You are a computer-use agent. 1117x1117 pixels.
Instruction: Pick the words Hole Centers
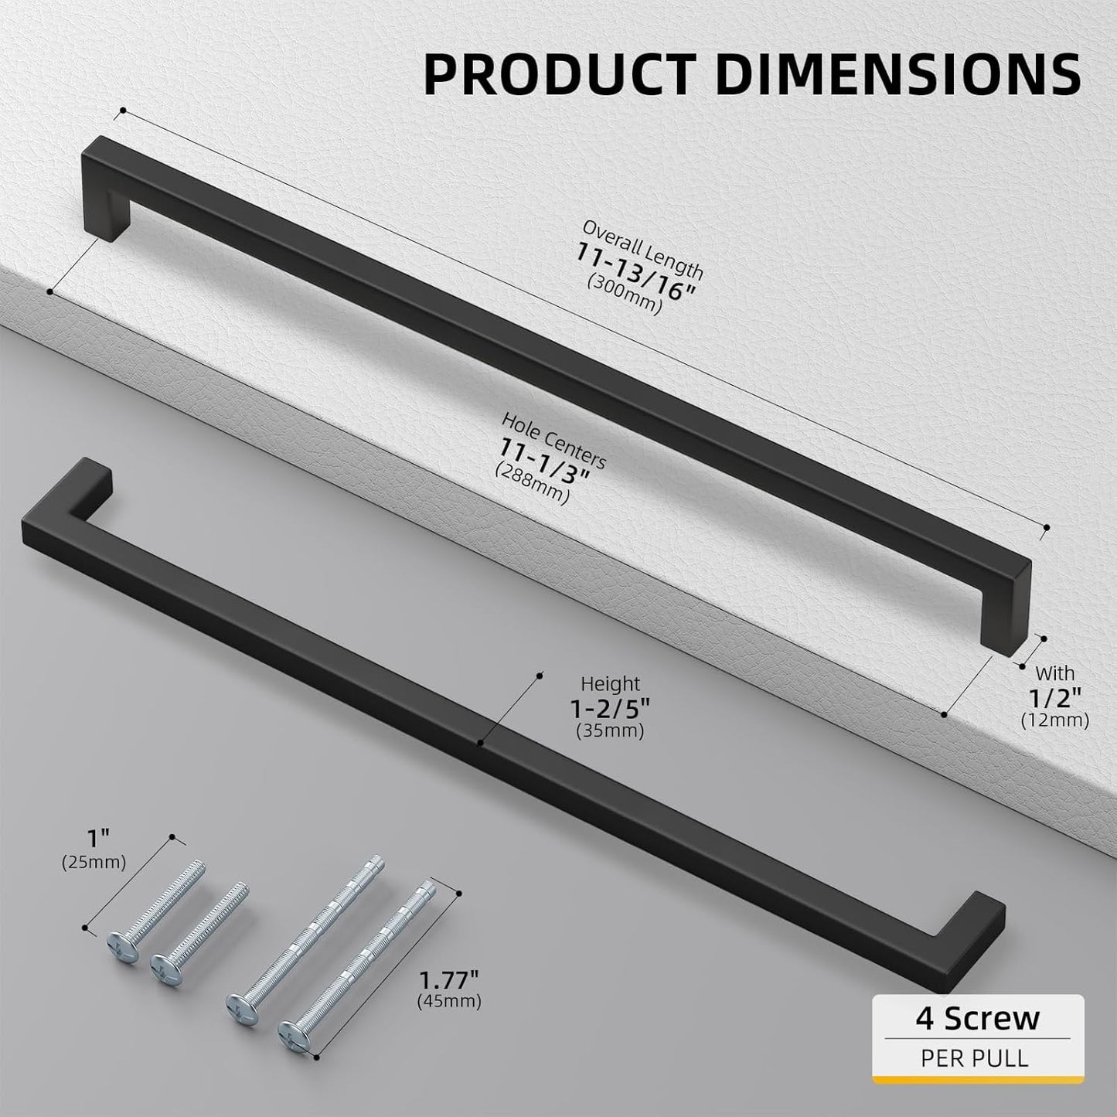tap(553, 440)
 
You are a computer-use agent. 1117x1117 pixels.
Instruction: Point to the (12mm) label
tap(1054, 720)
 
